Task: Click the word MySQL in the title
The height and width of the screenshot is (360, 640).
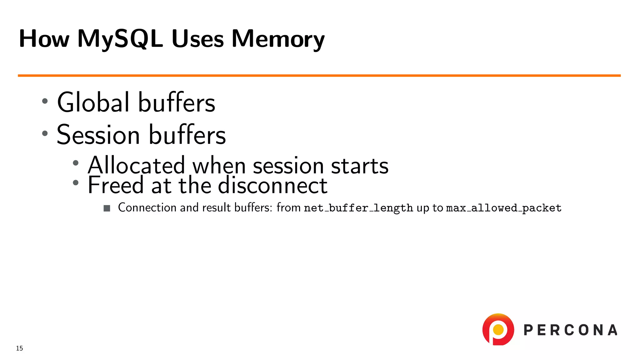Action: (x=120, y=39)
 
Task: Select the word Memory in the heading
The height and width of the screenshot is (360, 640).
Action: (x=278, y=39)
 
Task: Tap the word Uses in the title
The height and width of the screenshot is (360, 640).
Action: (x=197, y=39)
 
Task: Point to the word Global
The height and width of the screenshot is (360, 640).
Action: (x=93, y=102)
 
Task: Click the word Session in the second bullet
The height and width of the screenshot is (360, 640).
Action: (x=98, y=135)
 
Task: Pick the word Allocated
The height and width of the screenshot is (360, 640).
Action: (x=136, y=165)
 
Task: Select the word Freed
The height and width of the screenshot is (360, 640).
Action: (x=115, y=185)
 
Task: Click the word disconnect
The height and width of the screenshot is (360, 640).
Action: (x=272, y=185)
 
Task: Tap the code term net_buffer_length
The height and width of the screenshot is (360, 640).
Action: (x=358, y=208)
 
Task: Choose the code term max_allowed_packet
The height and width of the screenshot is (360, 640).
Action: (x=503, y=208)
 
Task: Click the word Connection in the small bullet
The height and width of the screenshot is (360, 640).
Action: (x=147, y=207)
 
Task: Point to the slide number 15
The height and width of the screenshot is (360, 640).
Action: (x=19, y=348)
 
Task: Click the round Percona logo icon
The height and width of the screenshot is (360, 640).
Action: (x=498, y=329)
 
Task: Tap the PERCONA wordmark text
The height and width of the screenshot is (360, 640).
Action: (x=570, y=330)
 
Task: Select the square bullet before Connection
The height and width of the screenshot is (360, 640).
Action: (x=107, y=208)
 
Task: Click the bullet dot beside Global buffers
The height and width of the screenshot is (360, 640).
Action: (x=45, y=101)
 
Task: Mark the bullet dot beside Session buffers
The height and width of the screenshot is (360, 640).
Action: (x=45, y=133)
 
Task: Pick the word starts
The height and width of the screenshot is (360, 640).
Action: (x=359, y=166)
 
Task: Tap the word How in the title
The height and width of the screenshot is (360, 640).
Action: (x=44, y=39)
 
